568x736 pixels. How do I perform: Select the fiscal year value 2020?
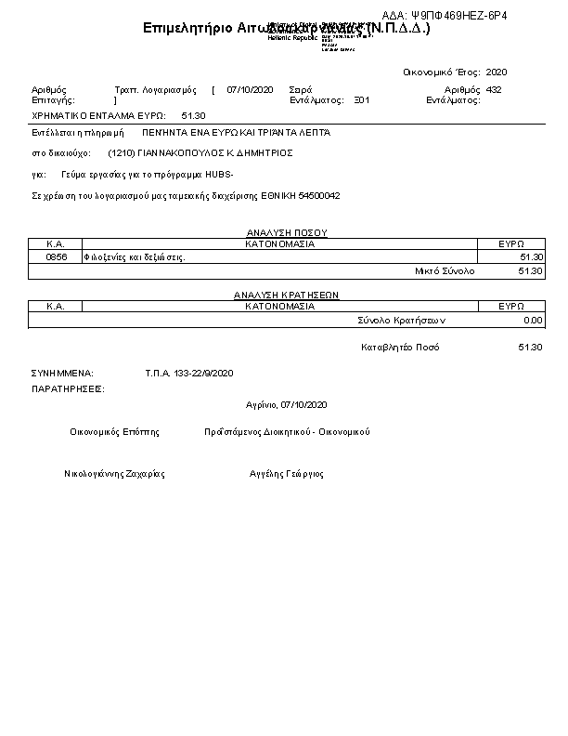[497, 72]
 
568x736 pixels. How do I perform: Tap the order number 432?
[494, 89]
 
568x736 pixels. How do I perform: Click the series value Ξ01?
[362, 99]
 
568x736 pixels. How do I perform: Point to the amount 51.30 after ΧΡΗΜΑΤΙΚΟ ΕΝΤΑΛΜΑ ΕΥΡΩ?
[194, 115]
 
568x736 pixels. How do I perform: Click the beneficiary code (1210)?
[123, 151]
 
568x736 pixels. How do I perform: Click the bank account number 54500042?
[319, 196]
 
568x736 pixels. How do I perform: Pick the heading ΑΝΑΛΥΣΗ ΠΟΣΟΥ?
[287, 232]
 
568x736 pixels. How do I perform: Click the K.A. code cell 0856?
[57, 256]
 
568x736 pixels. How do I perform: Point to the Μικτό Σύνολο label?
[444, 270]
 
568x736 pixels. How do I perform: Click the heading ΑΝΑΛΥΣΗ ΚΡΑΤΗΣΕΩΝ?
[286, 295]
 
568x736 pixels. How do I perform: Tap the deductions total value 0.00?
[533, 320]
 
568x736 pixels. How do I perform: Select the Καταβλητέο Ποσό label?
[400, 348]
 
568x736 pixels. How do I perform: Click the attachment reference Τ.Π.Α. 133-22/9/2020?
[189, 373]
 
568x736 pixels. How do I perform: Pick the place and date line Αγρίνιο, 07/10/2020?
[287, 405]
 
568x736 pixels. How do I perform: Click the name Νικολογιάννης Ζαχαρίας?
[114, 474]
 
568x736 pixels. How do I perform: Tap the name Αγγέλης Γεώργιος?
[287, 474]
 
